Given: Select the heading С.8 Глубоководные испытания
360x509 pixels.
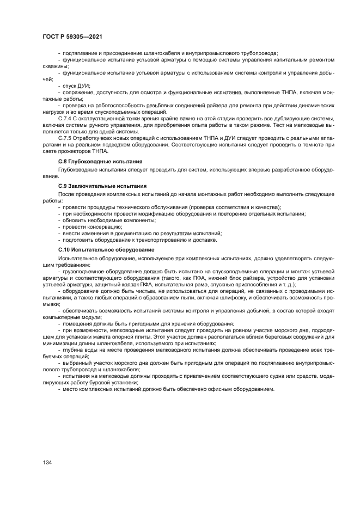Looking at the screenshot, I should [x=100, y=162].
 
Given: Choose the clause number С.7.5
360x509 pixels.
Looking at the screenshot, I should [x=65, y=139].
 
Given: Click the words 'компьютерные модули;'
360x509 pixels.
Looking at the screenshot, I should [x=68, y=316].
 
